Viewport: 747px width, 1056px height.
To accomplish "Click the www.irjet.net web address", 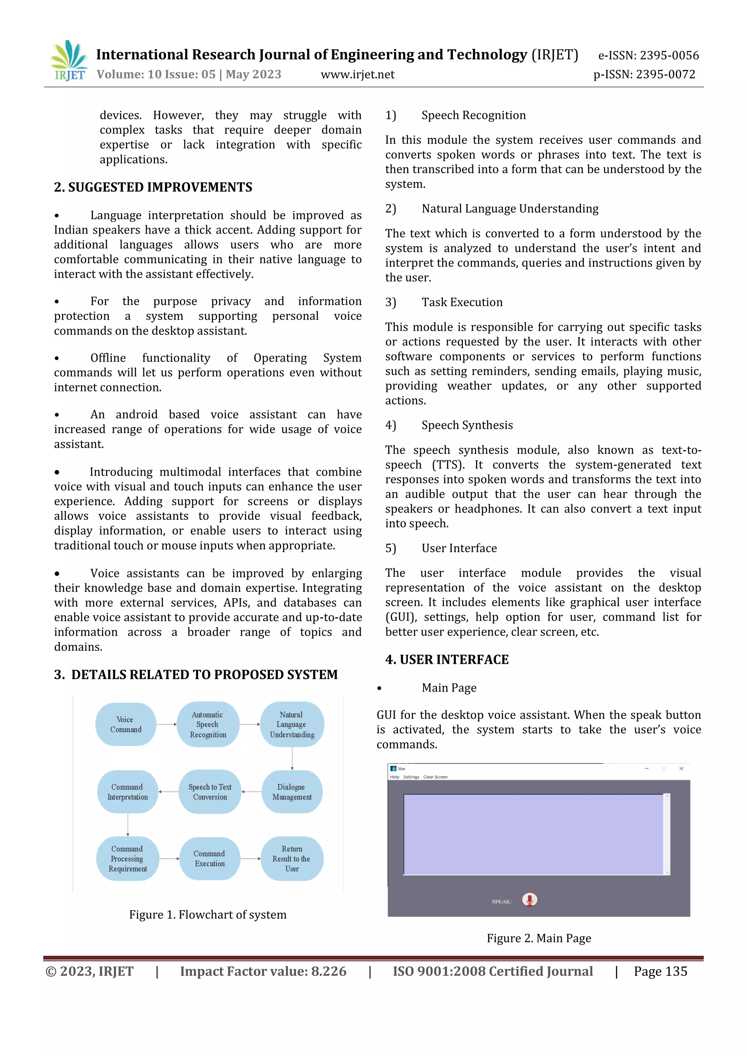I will click(x=357, y=74).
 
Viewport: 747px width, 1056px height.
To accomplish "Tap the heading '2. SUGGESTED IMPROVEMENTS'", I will click(x=153, y=187).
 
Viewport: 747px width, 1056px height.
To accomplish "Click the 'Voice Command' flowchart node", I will click(x=125, y=724).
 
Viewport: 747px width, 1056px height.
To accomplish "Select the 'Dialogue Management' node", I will click(x=292, y=791).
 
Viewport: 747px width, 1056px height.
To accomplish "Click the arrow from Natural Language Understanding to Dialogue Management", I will click(x=292, y=758).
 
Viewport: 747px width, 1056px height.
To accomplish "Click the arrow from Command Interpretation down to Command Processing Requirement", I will click(x=128, y=825).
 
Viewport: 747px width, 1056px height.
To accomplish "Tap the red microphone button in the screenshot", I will click(x=529, y=899).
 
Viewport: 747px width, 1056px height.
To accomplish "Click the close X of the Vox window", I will click(x=681, y=768).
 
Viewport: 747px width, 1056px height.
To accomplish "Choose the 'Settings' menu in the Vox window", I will click(x=411, y=777).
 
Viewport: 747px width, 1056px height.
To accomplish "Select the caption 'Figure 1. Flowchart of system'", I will click(x=208, y=914).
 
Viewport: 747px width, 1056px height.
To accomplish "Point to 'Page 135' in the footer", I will click(x=660, y=971).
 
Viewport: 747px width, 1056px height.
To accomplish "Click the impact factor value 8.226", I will click(x=329, y=971).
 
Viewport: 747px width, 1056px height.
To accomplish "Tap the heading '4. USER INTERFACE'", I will click(x=446, y=659).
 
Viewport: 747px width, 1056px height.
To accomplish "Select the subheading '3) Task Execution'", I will click(x=462, y=302).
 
